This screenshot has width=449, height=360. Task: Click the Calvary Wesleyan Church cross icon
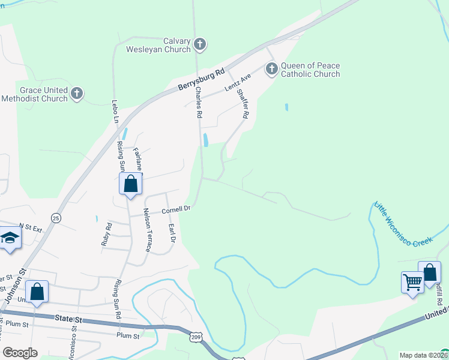(200, 44)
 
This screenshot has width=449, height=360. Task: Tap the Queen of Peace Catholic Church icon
(271, 70)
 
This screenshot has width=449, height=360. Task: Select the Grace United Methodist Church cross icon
(76, 93)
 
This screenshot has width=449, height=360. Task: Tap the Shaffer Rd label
(243, 103)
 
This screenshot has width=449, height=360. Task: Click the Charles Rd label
(199, 103)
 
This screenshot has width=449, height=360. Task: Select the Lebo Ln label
(115, 112)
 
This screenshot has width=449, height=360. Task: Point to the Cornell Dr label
(175, 209)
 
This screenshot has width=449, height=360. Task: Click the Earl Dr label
(172, 233)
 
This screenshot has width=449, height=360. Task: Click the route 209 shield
(196, 337)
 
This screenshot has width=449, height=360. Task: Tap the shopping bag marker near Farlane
(130, 184)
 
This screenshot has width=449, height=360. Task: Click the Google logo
(20, 352)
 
